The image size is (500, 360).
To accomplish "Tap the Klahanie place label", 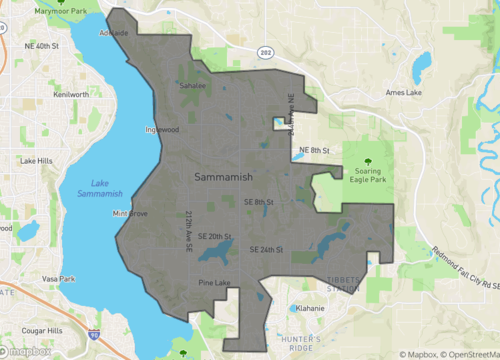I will click(309, 309).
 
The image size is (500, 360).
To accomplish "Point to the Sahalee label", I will click(192, 87).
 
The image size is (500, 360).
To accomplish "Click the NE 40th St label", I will click(42, 47).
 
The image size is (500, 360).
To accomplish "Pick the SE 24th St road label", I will click(266, 248).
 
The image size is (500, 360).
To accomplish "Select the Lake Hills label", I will click(36, 161).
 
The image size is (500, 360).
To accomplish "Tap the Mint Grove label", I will click(131, 214).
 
